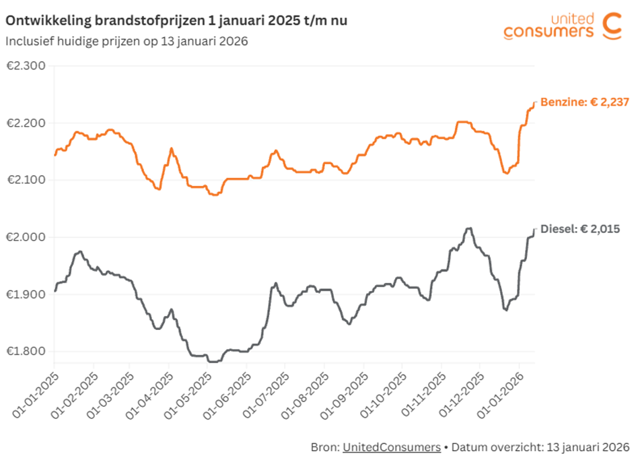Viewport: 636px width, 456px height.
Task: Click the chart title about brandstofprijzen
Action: coord(176,21)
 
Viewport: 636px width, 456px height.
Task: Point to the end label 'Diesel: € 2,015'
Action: coord(580,229)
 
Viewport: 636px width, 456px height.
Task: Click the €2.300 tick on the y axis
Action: coord(25,66)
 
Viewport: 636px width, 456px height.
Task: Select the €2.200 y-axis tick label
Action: coord(25,123)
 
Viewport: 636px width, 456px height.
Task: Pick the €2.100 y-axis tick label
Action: coord(25,180)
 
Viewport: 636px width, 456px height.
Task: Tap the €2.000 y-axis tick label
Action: coord(25,237)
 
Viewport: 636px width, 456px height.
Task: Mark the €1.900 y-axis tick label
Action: coord(25,294)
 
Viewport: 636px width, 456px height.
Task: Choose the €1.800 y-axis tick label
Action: coord(25,351)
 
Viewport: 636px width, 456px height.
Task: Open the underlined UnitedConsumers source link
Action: coord(391,447)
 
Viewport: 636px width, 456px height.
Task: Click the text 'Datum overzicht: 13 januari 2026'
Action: coord(540,447)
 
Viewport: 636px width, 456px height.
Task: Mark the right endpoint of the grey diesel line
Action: coord(535,230)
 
